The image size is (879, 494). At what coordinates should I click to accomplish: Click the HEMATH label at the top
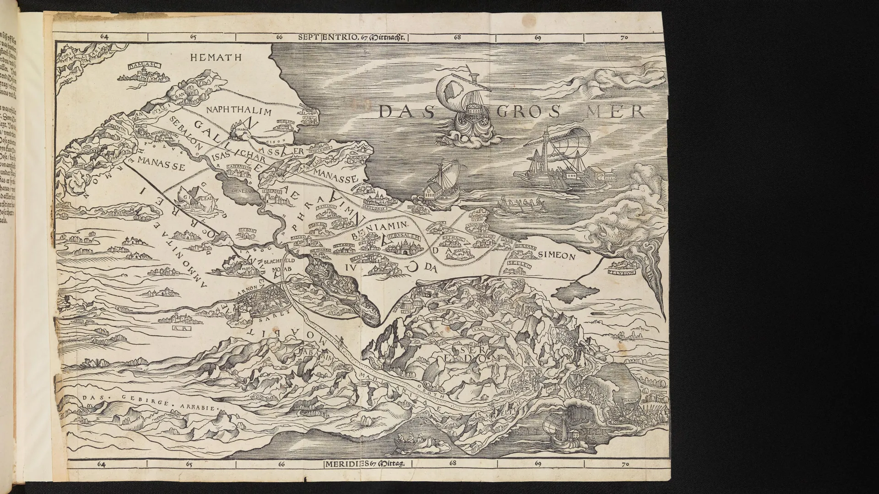point(212,57)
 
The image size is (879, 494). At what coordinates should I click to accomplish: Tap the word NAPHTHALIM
point(239,111)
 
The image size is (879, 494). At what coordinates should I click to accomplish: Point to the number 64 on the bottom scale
point(102,465)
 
